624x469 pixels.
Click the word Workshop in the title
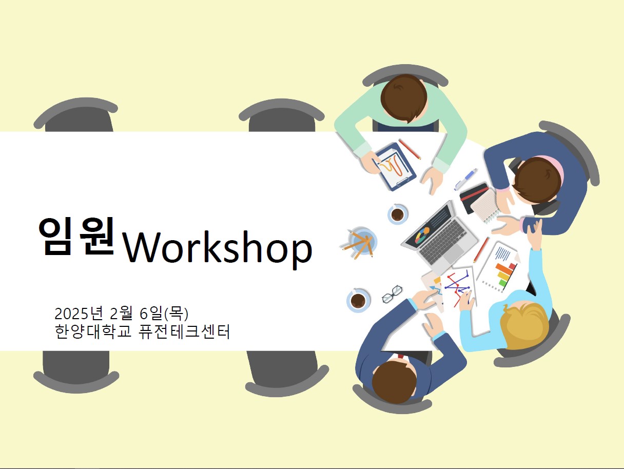[x=218, y=248]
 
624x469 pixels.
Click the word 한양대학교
[x=93, y=331]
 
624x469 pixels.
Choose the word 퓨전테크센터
[x=184, y=331]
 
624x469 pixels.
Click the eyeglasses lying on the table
[x=392, y=294]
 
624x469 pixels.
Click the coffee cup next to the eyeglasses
[x=358, y=301]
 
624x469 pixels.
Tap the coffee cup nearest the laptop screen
[x=398, y=214]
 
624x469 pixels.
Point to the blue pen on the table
[x=465, y=180]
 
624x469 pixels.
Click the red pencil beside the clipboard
[x=410, y=149]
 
